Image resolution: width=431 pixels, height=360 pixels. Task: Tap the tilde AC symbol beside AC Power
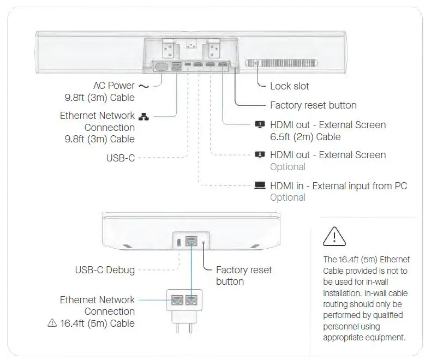(143, 86)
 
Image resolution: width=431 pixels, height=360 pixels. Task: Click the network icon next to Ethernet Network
(143, 116)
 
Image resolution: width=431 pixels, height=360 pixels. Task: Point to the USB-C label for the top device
(121, 158)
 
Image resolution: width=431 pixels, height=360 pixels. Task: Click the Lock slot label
(289, 86)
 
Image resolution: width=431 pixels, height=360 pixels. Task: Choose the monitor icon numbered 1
(260, 125)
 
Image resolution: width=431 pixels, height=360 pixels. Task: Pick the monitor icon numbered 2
(260, 155)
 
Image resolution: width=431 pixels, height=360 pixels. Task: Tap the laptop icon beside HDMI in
(260, 185)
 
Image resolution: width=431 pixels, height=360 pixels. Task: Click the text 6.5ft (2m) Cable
(305, 137)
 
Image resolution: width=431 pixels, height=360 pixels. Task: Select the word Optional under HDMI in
(288, 197)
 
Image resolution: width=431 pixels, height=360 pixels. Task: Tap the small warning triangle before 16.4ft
(52, 323)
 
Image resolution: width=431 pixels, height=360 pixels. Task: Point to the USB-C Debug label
(105, 269)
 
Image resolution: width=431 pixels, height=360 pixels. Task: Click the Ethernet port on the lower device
(191, 241)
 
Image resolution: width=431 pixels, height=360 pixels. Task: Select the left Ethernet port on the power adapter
(177, 299)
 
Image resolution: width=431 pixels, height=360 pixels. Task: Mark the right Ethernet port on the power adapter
(191, 299)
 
